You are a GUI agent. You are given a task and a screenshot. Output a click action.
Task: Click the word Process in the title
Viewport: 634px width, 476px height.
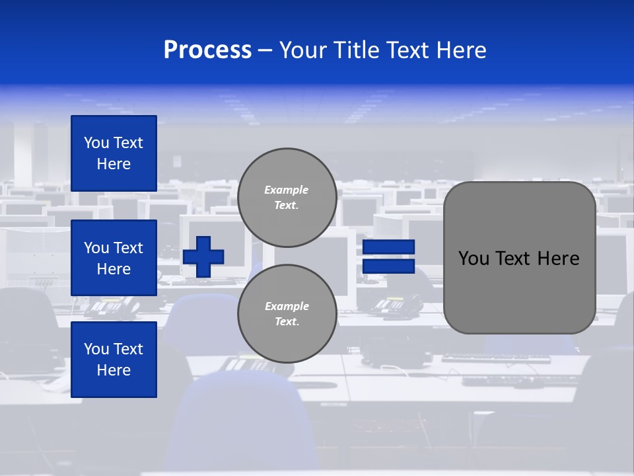coord(207,50)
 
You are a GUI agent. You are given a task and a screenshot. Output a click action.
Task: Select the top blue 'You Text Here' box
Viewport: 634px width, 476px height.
coord(114,153)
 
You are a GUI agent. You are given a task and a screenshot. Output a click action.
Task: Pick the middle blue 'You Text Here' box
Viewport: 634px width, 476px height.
coord(114,258)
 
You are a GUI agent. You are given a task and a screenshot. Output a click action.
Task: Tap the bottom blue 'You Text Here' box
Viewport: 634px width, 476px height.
coord(114,359)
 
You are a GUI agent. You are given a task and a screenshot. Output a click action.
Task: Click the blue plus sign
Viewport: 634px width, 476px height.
coord(203,257)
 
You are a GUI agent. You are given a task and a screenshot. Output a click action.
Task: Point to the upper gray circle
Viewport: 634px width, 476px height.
coord(287,197)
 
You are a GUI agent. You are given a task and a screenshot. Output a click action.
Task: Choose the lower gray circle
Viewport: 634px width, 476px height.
coord(287,313)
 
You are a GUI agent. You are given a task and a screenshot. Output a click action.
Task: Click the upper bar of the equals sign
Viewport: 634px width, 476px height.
coord(388,247)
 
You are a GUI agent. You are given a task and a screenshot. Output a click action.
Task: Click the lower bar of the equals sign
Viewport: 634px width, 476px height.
coord(388,266)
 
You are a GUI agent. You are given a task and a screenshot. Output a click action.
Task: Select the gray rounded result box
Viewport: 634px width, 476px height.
coord(519,258)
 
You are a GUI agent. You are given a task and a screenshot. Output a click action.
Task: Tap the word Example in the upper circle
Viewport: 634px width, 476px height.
coord(287,190)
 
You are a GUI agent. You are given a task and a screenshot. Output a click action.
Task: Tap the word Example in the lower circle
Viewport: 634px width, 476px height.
coord(287,306)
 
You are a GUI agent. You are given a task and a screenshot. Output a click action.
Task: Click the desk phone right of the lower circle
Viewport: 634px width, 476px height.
coord(396,305)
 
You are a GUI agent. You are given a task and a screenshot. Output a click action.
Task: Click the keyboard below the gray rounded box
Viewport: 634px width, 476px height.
coord(495,359)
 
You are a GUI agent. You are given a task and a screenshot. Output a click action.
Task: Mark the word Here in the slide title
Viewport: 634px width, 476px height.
coord(460,50)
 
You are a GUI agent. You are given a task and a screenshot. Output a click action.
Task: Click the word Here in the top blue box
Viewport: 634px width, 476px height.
coord(114,164)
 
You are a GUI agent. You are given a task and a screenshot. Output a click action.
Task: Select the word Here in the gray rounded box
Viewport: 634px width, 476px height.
coord(558,258)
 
